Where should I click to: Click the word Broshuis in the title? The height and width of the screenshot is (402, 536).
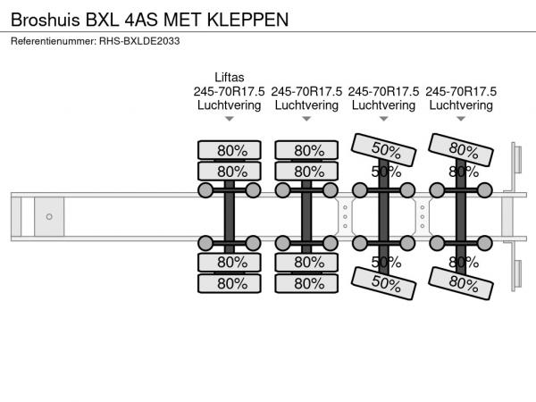pos(41,18)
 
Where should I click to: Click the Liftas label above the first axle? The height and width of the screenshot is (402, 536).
pos(230,78)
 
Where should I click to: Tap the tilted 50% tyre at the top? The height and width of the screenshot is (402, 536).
pos(385,149)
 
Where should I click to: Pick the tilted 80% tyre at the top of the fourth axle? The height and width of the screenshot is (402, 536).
pos(462,149)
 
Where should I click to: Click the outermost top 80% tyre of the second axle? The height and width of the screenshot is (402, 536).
pos(308,149)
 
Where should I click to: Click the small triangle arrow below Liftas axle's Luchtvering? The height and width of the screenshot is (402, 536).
pos(230,119)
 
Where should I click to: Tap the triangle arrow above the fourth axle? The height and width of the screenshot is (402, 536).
pos(462,119)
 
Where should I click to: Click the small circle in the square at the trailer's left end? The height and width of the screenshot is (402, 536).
pos(49,216)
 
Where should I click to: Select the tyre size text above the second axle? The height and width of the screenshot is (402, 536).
pos(306,91)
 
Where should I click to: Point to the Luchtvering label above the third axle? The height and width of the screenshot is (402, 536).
pos(384,105)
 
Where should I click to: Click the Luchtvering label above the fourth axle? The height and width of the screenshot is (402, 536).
pos(462,105)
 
